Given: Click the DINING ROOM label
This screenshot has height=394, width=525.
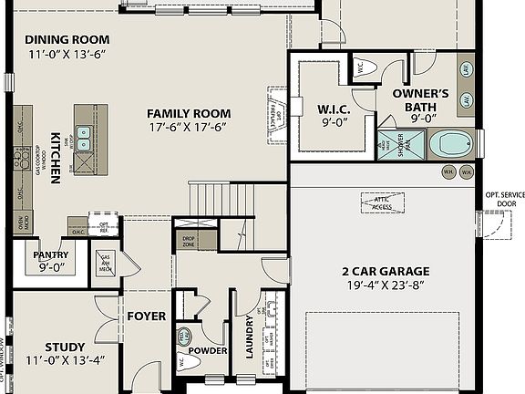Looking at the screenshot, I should (67, 39).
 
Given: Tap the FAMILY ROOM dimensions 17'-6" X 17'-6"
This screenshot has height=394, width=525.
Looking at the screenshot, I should (190, 128).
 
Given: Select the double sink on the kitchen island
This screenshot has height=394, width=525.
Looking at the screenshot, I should (85, 139).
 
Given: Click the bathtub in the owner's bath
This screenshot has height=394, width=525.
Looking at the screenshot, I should (449, 143).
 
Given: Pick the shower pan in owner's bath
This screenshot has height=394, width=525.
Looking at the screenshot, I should (400, 143).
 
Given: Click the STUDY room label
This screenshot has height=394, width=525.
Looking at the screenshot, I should (65, 347).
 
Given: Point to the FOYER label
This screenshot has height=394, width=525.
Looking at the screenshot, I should (146, 316).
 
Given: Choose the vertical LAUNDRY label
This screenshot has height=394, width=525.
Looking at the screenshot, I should (249, 337).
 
